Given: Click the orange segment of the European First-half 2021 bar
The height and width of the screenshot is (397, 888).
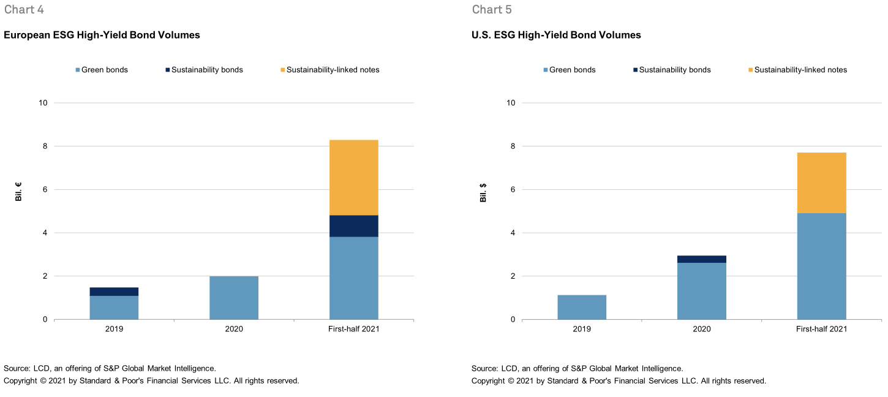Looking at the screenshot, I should click(353, 178).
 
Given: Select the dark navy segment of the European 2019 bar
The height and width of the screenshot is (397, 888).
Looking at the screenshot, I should click(114, 292).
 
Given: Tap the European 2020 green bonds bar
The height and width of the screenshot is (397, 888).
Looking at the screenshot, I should click(234, 298).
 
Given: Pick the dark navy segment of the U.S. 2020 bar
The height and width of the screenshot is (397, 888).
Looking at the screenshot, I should click(701, 259).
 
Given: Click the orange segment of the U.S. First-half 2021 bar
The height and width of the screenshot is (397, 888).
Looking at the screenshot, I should click(821, 183).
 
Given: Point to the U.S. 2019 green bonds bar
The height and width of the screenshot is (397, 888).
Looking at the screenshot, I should click(582, 307).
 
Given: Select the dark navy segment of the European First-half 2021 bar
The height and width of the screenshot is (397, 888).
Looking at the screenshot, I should click(353, 226).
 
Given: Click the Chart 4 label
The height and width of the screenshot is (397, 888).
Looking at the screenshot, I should click(24, 10).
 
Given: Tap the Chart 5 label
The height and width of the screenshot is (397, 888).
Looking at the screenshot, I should click(492, 10).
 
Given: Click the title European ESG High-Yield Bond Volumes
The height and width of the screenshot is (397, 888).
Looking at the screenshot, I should click(102, 36).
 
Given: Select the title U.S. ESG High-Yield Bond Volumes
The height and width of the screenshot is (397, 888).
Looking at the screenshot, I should click(556, 36).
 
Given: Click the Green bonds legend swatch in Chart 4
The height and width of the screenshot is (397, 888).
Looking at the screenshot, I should click(77, 70).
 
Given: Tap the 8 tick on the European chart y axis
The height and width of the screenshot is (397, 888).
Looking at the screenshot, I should click(43, 146).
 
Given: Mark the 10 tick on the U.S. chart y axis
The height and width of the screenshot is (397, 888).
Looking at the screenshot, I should click(510, 103).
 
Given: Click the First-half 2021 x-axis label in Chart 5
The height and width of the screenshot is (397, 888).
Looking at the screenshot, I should click(821, 329).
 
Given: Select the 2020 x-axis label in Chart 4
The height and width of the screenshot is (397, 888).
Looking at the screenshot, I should click(234, 329).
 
